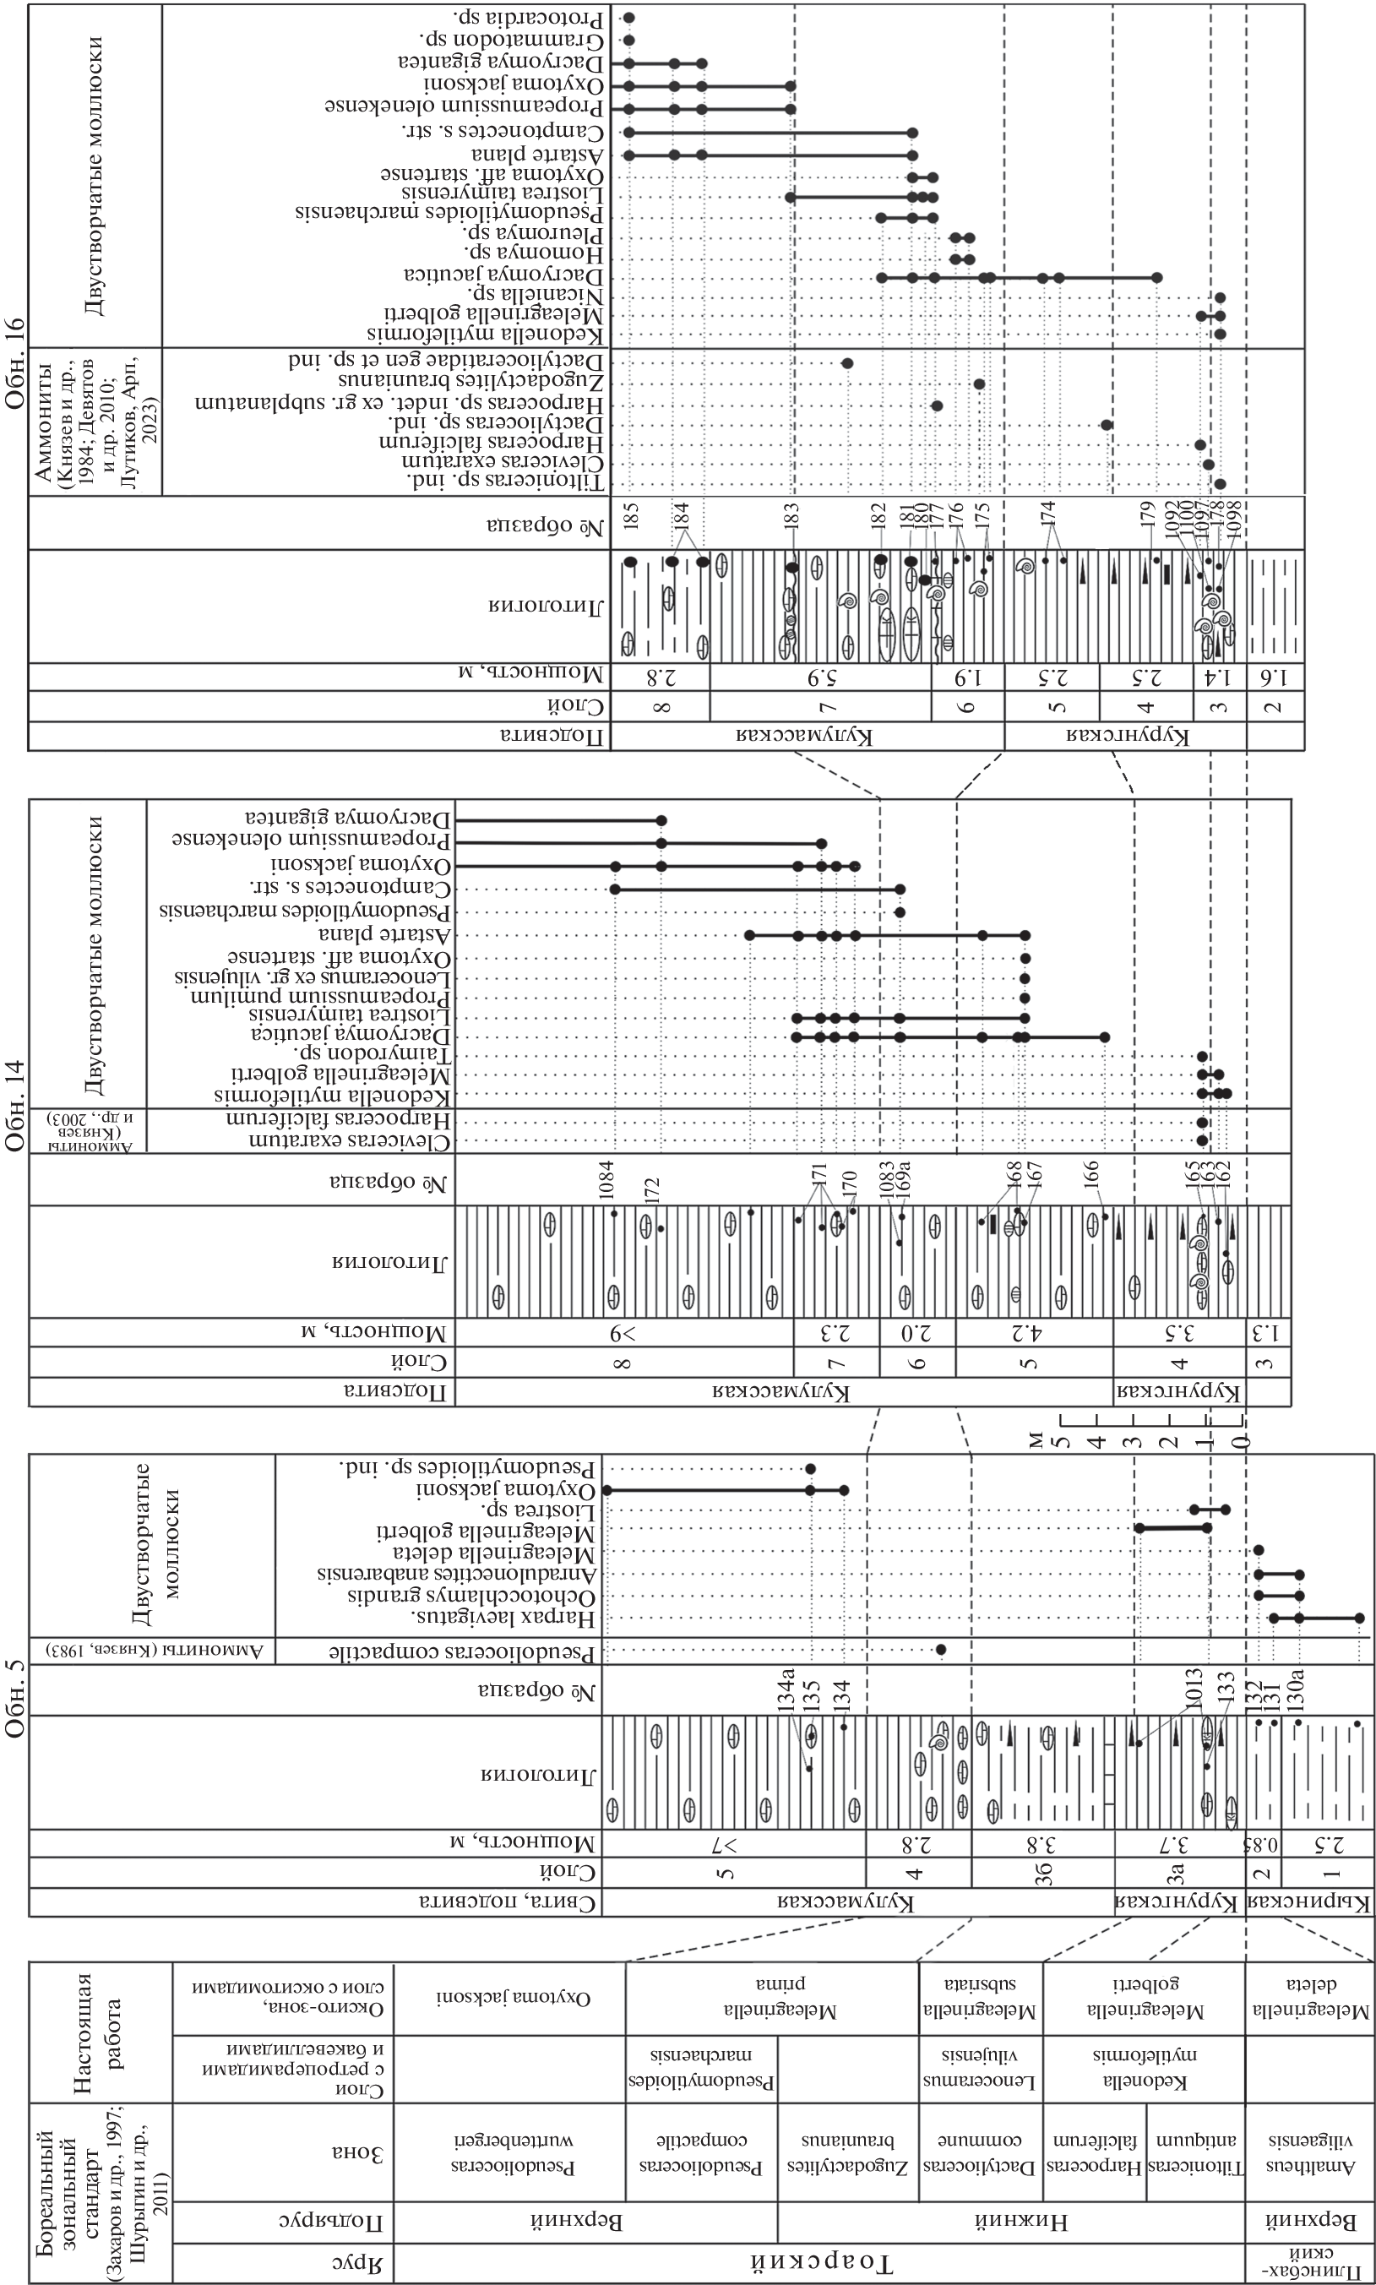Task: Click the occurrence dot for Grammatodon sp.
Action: [628, 41]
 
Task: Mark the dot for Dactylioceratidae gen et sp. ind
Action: [846, 362]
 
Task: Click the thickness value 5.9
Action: [820, 677]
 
